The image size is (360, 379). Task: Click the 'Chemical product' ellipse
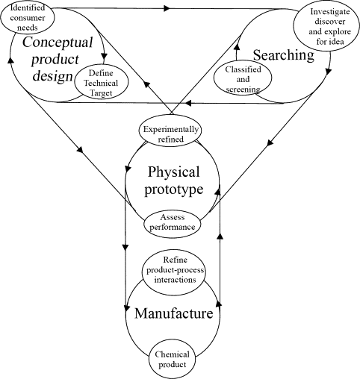[x=173, y=359]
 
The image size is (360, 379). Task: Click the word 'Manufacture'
[x=174, y=314]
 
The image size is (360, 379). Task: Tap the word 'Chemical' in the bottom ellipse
[x=173, y=354]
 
